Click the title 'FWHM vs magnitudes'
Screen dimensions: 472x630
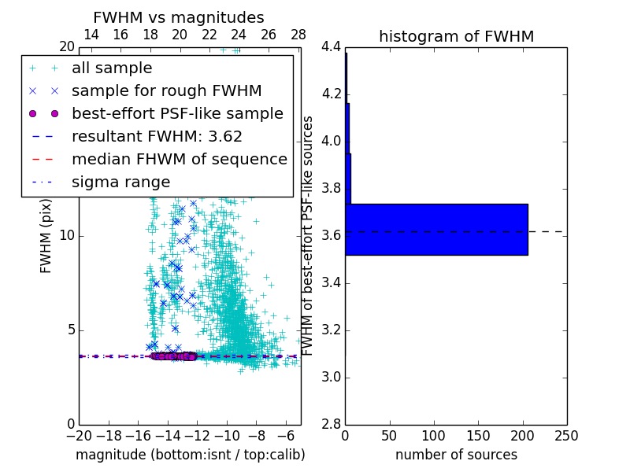pyautogui.click(x=179, y=17)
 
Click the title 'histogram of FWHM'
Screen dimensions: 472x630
pyautogui.click(x=456, y=36)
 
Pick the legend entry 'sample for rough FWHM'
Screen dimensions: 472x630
pyautogui.click(x=166, y=90)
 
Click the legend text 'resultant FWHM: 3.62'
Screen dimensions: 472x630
pyautogui.click(x=157, y=136)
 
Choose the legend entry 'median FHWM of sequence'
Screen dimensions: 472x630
pyautogui.click(x=179, y=159)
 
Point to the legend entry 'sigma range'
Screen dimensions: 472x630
pyautogui.click(x=120, y=182)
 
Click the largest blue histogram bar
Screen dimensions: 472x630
pyautogui.click(x=436, y=230)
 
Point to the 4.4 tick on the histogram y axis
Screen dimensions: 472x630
pyautogui.click(x=331, y=47)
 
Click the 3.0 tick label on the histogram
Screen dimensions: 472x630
pyautogui.click(x=331, y=377)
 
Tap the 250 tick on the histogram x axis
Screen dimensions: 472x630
pyautogui.click(x=566, y=436)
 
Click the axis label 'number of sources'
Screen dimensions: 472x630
pyautogui.click(x=456, y=455)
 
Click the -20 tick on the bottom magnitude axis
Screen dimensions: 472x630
pyautogui.click(x=79, y=436)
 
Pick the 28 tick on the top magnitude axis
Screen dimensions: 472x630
pyautogui.click(x=298, y=35)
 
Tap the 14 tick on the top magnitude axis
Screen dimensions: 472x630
pyautogui.click(x=91, y=35)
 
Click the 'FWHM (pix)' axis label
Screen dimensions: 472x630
pyautogui.click(x=46, y=235)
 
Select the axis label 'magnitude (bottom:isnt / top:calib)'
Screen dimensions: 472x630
pyautogui.click(x=190, y=455)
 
